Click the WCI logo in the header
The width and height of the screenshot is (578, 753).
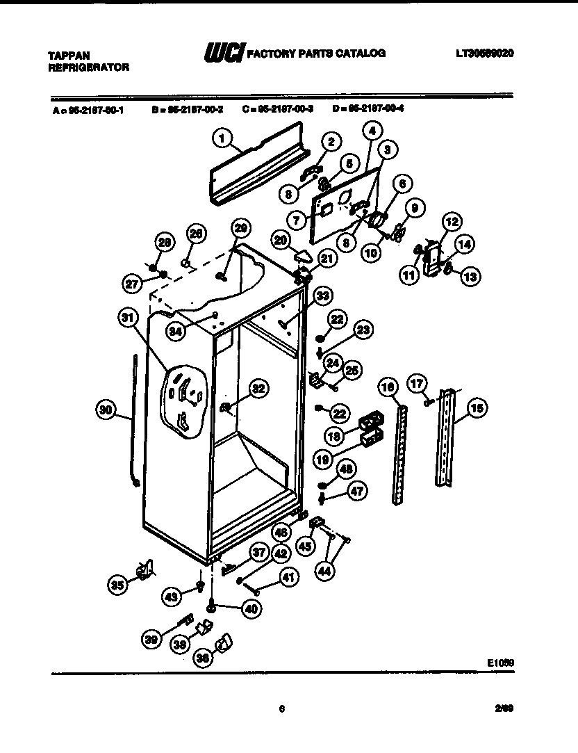pos(220,53)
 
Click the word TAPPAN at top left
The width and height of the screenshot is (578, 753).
pos(68,55)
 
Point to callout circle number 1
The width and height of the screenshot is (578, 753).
pos(222,138)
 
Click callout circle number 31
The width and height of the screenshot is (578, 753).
pos(125,318)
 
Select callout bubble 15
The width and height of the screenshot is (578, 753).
pos(476,409)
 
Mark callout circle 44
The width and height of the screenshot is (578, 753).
pos(325,570)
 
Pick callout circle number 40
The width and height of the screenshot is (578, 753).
pos(249,606)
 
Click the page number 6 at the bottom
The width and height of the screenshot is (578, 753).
pos(282,709)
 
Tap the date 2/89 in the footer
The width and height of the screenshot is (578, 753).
pos(504,709)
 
